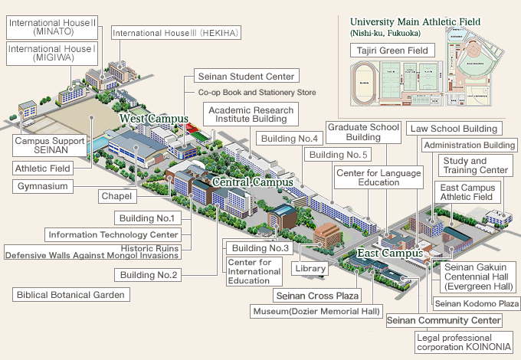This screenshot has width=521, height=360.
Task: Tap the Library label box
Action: (312, 269)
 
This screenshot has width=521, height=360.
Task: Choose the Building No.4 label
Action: (288, 139)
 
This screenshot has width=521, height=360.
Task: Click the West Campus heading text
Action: (154, 119)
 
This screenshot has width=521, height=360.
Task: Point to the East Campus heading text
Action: (391, 253)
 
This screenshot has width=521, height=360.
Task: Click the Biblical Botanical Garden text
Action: (71, 294)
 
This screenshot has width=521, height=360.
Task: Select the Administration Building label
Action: (468, 146)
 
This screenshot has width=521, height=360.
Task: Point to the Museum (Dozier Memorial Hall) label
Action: (316, 312)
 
